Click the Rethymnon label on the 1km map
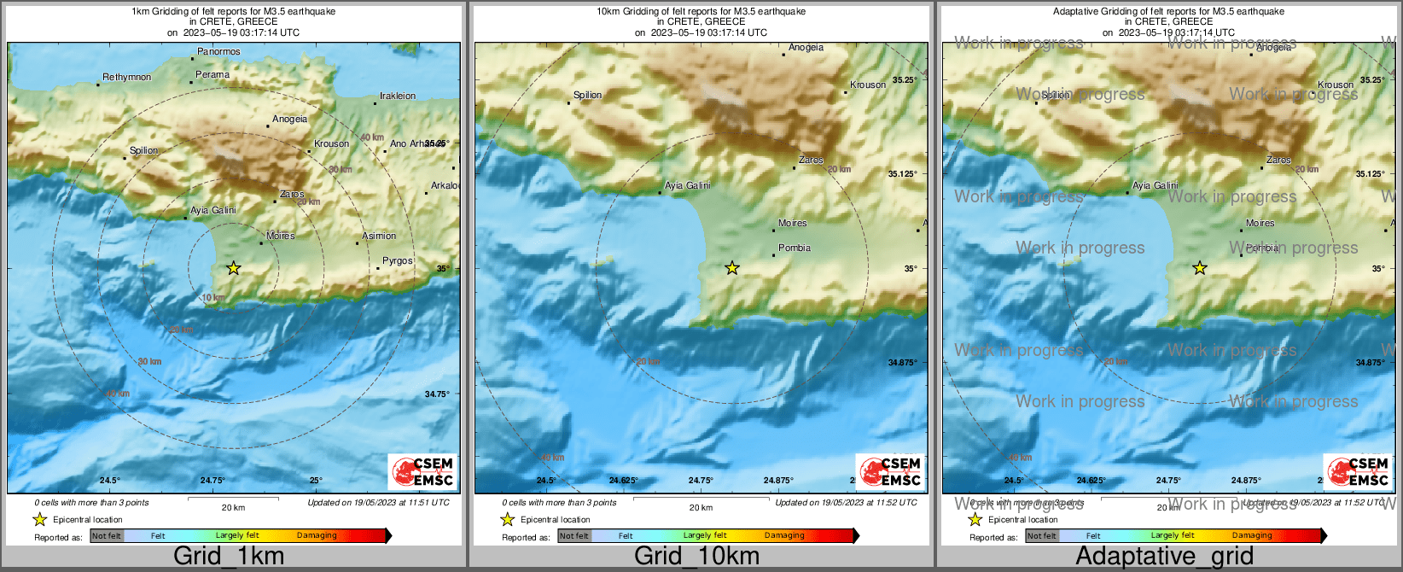point(126,78)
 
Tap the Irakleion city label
point(398,96)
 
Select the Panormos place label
point(218,52)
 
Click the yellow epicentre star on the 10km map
point(732,268)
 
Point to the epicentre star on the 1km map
point(234,268)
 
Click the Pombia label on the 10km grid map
point(795,248)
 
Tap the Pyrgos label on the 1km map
point(397,261)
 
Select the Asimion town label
point(379,236)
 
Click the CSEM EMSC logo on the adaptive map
point(1357,471)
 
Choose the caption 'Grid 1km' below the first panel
point(229,556)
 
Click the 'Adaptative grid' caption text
point(1164,556)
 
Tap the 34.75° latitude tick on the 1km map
point(437,394)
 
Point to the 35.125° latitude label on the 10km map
point(903,174)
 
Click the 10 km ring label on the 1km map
point(213,298)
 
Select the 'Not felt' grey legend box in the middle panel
point(574,536)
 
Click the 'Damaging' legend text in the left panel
point(317,536)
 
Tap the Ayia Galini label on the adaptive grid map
point(1155,185)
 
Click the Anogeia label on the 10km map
point(806,48)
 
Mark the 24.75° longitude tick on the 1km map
point(212,481)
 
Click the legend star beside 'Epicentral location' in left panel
point(39,519)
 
